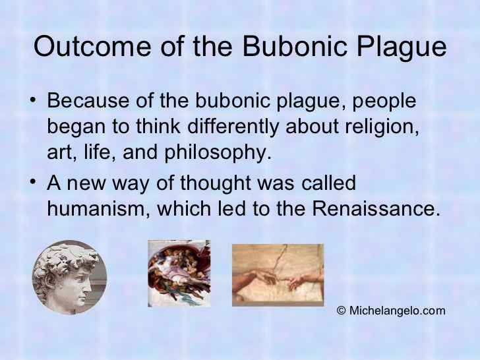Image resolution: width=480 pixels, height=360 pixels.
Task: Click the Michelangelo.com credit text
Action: tap(396, 311)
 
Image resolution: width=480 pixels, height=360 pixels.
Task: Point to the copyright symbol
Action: tap(341, 311)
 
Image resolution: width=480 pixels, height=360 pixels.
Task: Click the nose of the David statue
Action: tap(90, 279)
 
